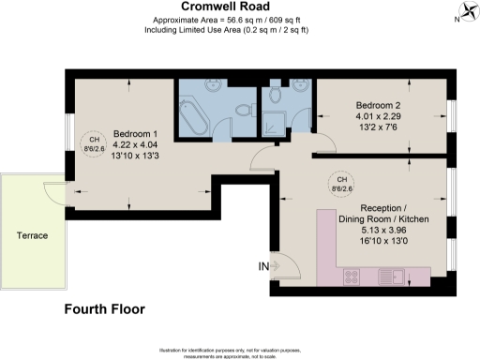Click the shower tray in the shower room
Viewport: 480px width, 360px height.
click(277, 122)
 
